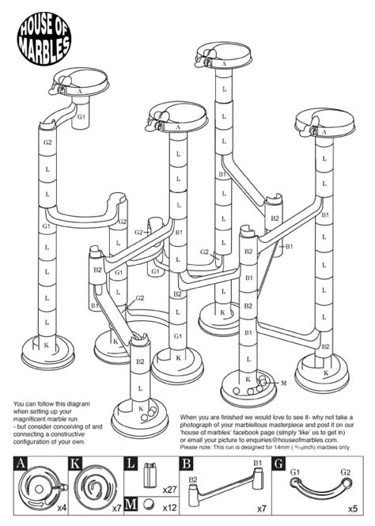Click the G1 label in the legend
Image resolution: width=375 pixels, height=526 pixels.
click(x=295, y=473)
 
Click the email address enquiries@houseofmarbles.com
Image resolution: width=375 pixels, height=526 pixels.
click(x=294, y=441)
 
